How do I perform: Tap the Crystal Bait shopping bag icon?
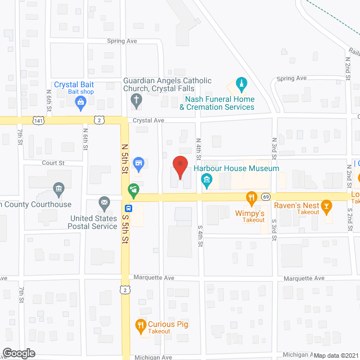pyautogui.click(x=80, y=102)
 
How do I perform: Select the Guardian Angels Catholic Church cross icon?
pyautogui.click(x=136, y=102)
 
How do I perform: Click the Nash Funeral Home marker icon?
pyautogui.click(x=241, y=85)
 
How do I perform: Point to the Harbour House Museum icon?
pyautogui.click(x=206, y=181)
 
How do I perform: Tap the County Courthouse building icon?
pyautogui.click(x=58, y=188)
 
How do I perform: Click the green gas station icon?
pyautogui.click(x=133, y=191)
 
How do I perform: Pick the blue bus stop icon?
pyautogui.click(x=129, y=208)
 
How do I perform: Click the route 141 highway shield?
pyautogui.click(x=38, y=120)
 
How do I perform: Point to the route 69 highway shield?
pyautogui.click(x=265, y=196)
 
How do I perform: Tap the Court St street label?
pyautogui.click(x=55, y=163)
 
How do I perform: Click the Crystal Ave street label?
pyautogui.click(x=148, y=120)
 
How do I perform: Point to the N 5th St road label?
pyautogui.click(x=125, y=157)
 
